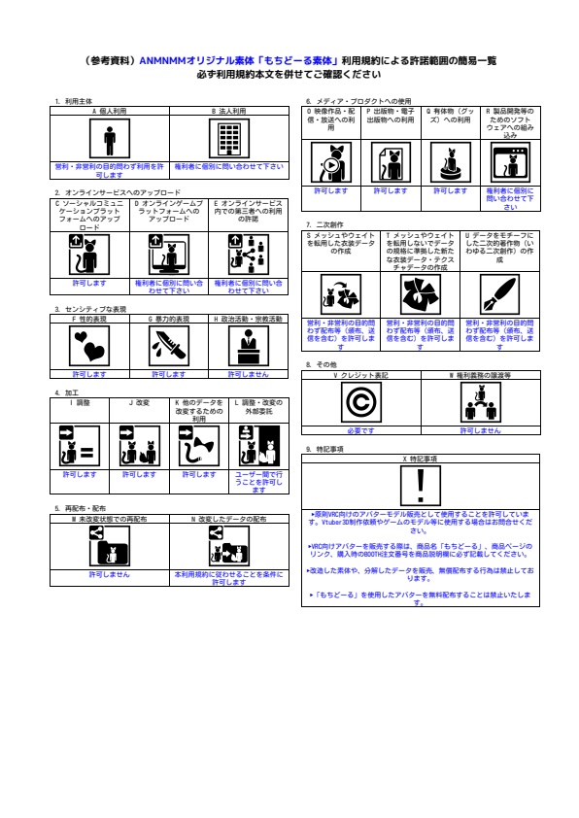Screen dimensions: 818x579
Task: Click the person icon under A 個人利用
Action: pos(111,140)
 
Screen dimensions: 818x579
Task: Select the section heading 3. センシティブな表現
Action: pos(91,308)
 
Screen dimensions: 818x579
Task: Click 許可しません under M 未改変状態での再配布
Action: pos(110,574)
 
